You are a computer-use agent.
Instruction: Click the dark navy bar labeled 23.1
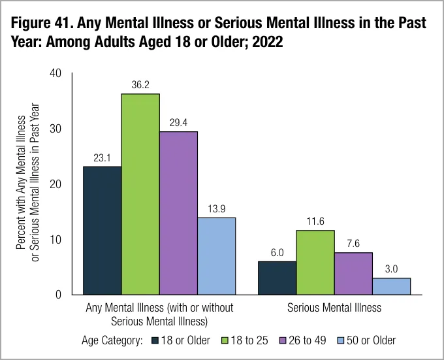102,231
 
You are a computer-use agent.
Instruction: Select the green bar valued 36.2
140,194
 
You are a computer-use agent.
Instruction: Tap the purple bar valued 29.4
178,213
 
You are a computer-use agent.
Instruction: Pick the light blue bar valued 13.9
217,256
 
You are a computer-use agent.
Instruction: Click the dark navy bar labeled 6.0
277,278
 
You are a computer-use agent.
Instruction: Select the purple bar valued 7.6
353,273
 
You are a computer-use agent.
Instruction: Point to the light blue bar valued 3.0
392,286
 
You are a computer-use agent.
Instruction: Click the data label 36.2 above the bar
140,85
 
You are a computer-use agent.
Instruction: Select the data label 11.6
315,221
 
